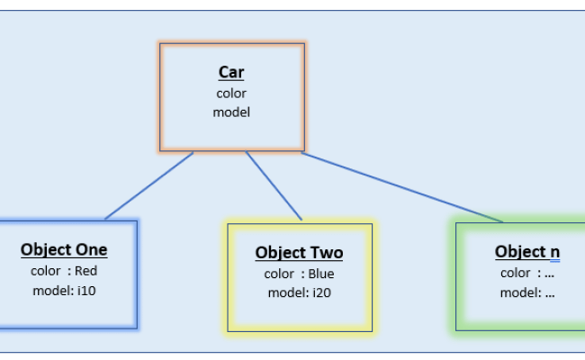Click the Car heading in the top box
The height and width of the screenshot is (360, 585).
(x=231, y=73)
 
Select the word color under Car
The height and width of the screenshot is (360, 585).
(x=231, y=93)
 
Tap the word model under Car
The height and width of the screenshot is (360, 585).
(x=231, y=112)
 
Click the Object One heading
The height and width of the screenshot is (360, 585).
(x=64, y=250)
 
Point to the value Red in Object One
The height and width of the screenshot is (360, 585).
(x=85, y=270)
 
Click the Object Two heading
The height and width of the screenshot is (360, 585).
(x=299, y=253)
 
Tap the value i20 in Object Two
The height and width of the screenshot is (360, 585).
(x=321, y=292)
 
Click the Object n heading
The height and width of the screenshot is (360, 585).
(x=527, y=252)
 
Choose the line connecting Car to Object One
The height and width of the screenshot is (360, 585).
(x=148, y=185)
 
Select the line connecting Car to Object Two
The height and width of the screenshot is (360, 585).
(x=274, y=185)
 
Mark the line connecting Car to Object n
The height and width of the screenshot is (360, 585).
(x=401, y=186)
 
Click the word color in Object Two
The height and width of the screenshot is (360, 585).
(x=279, y=274)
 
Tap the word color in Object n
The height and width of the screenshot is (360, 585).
(x=515, y=273)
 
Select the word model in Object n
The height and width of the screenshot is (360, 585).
(x=517, y=292)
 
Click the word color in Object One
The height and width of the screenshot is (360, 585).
(x=46, y=270)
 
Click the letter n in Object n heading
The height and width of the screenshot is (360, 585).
(x=554, y=252)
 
